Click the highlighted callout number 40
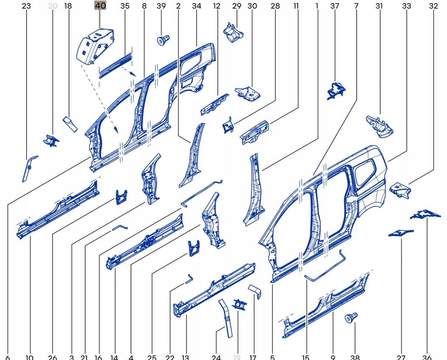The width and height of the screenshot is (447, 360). click(100, 6)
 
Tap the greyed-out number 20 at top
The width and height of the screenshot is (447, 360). click(52, 6)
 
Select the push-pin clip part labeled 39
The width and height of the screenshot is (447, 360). click(163, 41)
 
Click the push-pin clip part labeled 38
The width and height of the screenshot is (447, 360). click(351, 317)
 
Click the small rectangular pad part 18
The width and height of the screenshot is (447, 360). click(70, 124)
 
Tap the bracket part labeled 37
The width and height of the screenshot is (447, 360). click(336, 90)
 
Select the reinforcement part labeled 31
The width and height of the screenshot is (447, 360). click(379, 125)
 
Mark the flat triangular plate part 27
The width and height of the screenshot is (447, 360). click(400, 233)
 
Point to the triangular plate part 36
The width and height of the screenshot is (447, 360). click(425, 214)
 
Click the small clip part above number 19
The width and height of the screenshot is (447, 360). click(239, 305)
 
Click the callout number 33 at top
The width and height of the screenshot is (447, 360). click(406, 6)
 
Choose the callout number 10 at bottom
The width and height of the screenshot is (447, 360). click(29, 357)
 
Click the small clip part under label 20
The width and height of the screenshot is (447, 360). click(51, 140)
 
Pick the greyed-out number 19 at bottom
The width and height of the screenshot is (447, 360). click(237, 357)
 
